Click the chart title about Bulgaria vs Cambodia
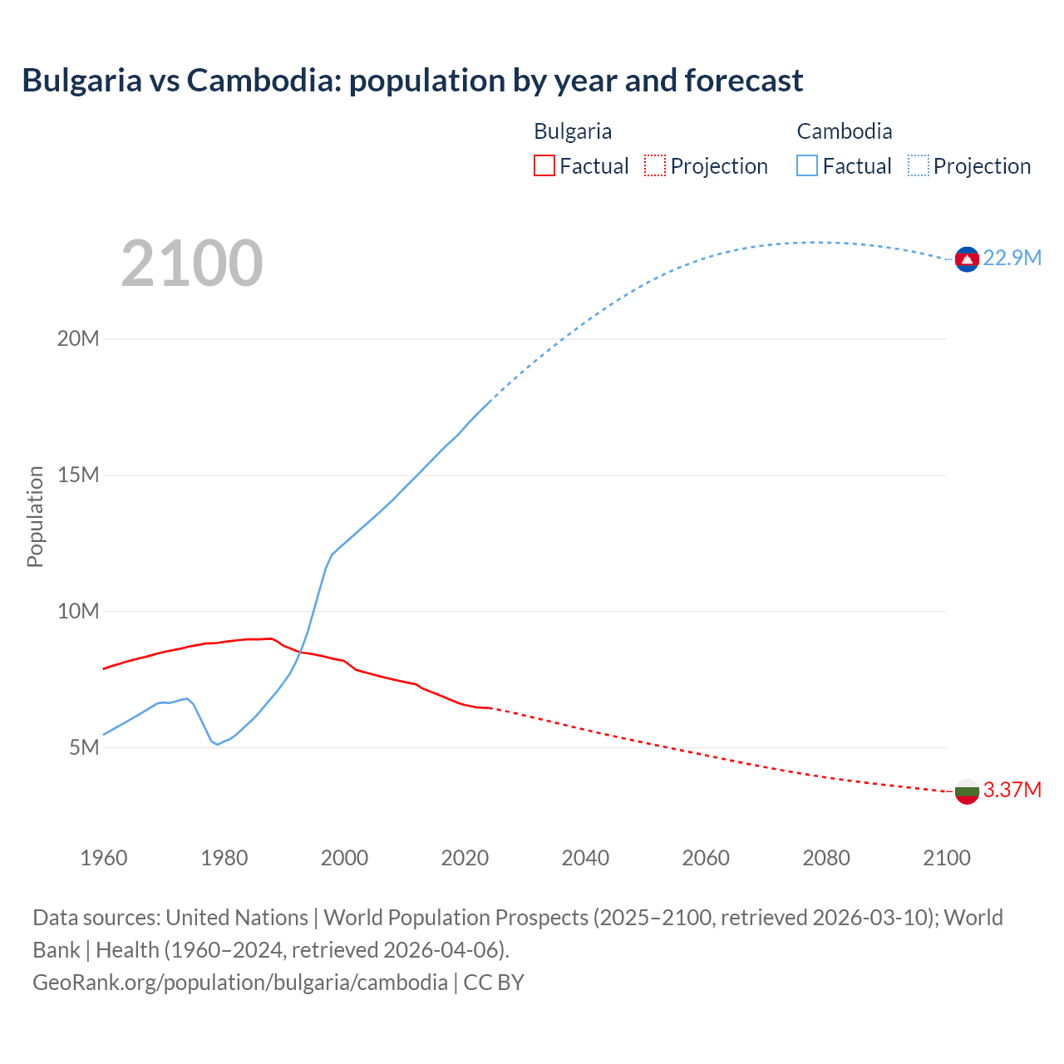(412, 81)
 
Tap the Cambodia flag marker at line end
(967, 259)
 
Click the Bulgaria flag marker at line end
(967, 791)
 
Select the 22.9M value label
(1012, 259)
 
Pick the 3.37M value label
(1012, 791)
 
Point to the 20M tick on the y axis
(78, 339)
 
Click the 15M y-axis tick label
(78, 475)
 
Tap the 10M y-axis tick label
(78, 612)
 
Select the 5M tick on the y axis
(83, 748)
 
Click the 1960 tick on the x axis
(104, 858)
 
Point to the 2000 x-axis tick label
(344, 858)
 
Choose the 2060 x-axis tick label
(706, 858)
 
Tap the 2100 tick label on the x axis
(946, 858)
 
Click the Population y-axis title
(35, 516)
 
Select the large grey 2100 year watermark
(192, 264)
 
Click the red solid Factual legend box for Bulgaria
(544, 166)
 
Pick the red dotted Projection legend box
(655, 166)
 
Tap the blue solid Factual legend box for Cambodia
(807, 166)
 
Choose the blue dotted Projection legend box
(919, 166)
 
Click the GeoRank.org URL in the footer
(240, 983)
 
